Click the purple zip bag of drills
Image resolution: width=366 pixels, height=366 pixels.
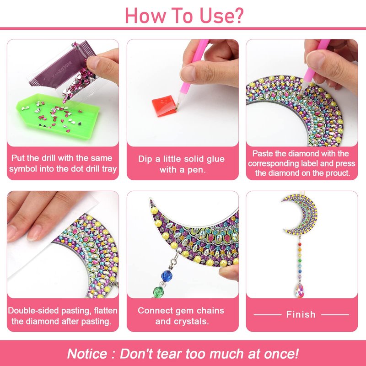pos(63,68)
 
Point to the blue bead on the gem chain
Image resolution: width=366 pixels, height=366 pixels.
pos(167,276)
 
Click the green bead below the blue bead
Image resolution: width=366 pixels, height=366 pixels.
pos(158,291)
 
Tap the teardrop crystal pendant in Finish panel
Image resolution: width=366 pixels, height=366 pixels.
pos(300,290)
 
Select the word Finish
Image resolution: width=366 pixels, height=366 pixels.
pos(301,314)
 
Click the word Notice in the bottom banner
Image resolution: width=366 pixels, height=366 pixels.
pos(87,354)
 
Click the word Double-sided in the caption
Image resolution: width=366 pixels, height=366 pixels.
pos(33,311)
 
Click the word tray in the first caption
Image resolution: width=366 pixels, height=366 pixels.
pos(109,169)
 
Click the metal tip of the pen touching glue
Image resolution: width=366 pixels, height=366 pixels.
pos(177,106)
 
